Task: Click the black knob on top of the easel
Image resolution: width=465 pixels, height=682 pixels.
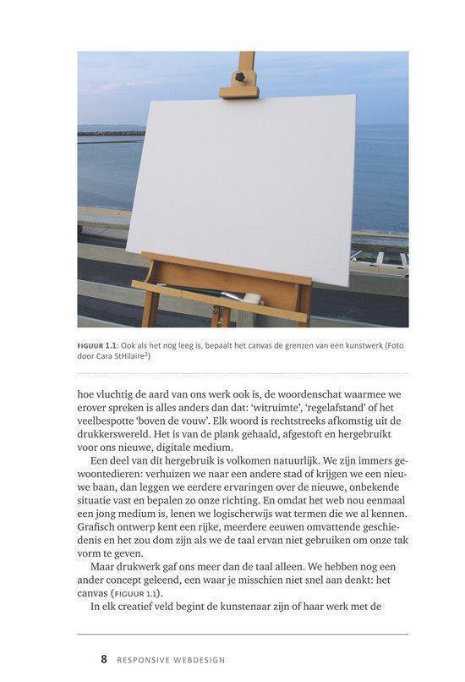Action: click(239, 77)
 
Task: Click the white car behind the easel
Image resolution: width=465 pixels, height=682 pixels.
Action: click(380, 261)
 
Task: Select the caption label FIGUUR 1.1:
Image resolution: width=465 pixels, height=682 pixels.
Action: click(107, 344)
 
